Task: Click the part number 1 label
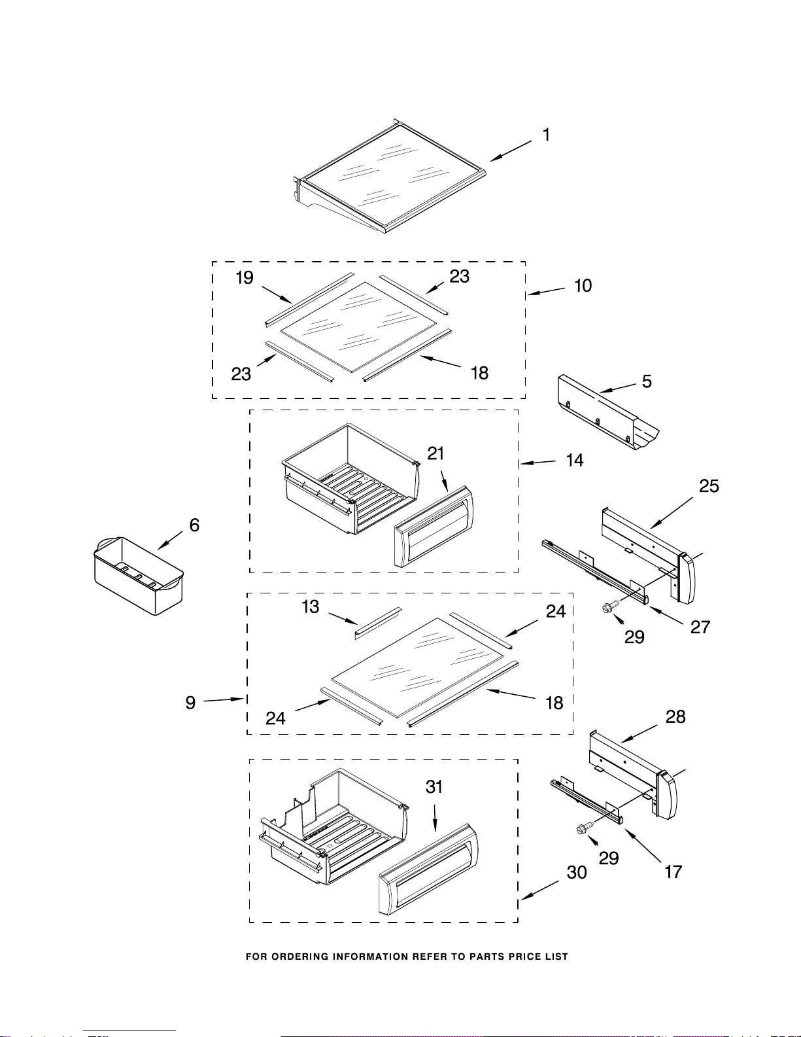click(x=547, y=135)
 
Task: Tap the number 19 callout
click(x=245, y=278)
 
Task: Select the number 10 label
click(x=583, y=285)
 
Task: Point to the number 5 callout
click(x=647, y=381)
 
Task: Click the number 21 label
click(x=435, y=453)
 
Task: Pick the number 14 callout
click(x=575, y=460)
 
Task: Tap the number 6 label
click(x=194, y=525)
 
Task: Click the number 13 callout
click(x=310, y=606)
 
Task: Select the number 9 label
click(x=190, y=703)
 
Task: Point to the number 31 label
click(x=434, y=786)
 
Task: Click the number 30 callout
click(x=577, y=872)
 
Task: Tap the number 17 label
click(x=673, y=872)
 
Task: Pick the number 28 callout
click(x=675, y=716)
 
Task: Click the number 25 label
click(x=709, y=486)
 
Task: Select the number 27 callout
click(x=700, y=627)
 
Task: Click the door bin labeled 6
click(x=138, y=576)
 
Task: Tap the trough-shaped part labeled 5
click(x=608, y=412)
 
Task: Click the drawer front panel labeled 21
click(x=434, y=527)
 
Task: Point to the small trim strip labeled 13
click(x=378, y=624)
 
